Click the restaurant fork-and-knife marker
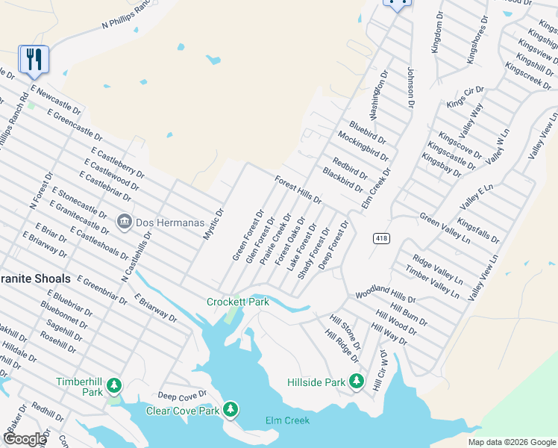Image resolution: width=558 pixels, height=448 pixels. (x=34, y=59)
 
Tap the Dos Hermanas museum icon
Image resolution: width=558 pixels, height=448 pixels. (x=125, y=222)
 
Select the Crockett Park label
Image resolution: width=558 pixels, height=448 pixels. (x=237, y=302)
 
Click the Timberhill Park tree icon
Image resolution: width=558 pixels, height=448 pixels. (x=114, y=386)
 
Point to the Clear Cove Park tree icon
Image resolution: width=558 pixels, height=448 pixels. (x=231, y=409)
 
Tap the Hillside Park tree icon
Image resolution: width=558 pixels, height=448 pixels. (x=357, y=382)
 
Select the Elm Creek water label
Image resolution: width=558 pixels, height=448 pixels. (x=287, y=420)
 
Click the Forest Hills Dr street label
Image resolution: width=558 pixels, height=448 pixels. (x=298, y=190)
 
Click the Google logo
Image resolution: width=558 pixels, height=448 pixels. (x=24, y=439)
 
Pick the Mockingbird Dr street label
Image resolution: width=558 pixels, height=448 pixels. (x=363, y=146)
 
